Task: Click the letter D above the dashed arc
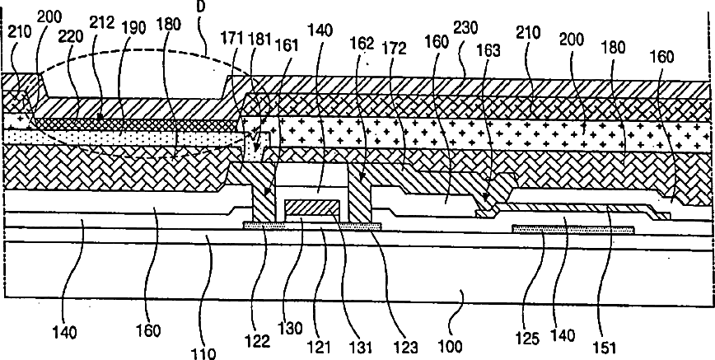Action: [200, 6]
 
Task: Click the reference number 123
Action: [386, 337]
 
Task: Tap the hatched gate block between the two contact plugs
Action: [311, 210]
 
